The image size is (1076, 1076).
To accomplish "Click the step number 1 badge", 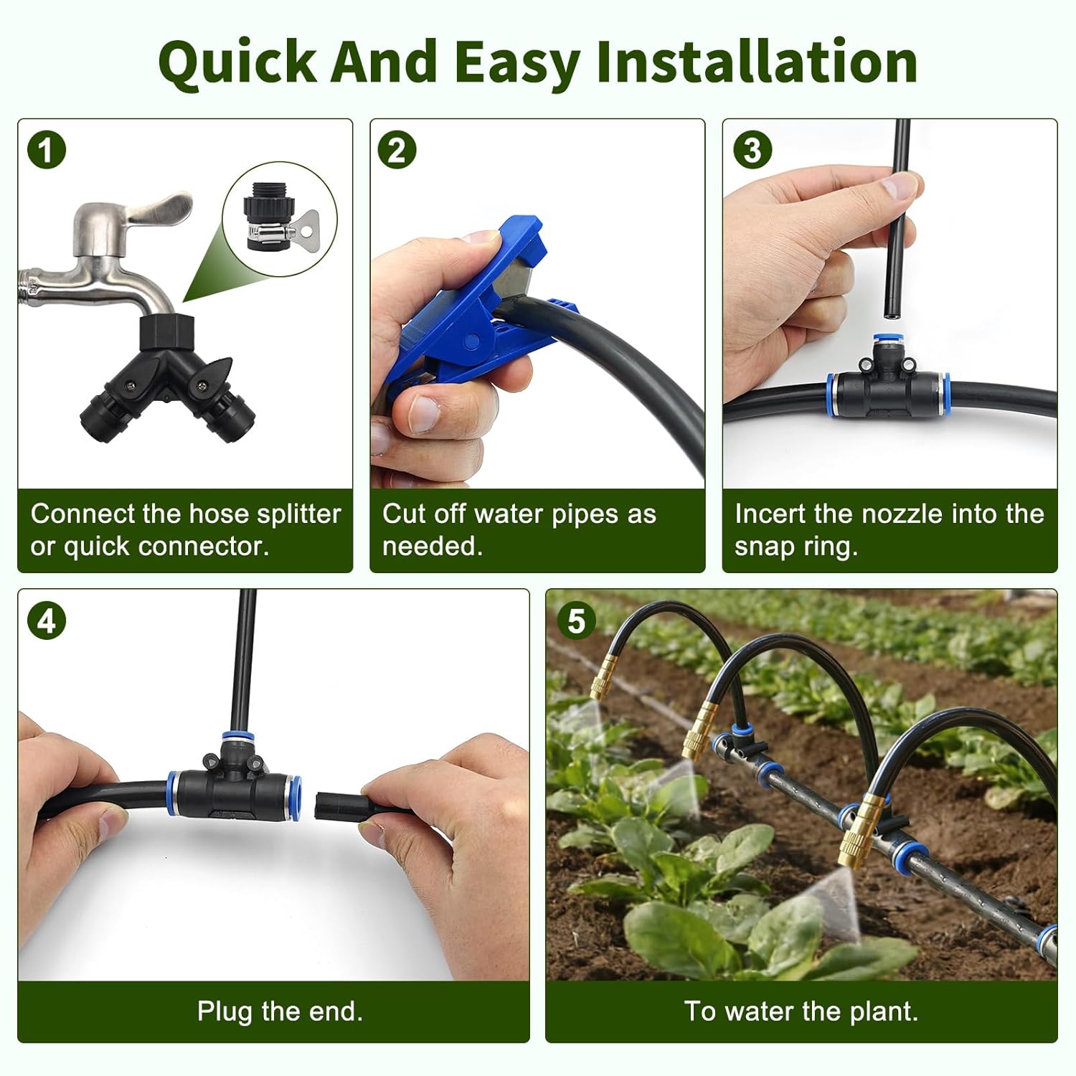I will (x=47, y=151).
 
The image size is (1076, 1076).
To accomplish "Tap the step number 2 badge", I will (x=397, y=151).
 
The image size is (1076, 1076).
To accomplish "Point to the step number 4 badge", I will (x=47, y=621).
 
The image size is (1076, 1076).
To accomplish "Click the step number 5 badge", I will (x=576, y=621).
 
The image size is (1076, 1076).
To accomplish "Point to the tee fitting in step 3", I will (x=887, y=387).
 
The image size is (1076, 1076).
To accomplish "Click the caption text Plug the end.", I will (x=280, y=1011).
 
